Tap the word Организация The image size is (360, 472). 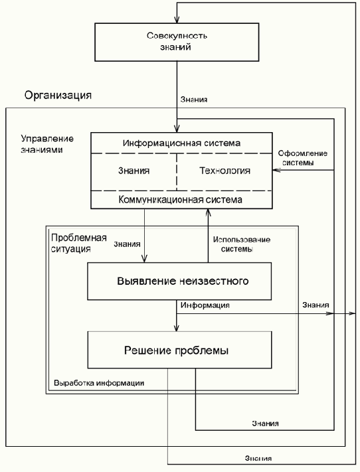click(x=58, y=95)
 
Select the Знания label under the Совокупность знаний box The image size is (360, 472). click(x=194, y=100)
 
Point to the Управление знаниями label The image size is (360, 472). click(x=47, y=145)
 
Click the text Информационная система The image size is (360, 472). click(x=181, y=143)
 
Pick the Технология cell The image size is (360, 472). click(x=225, y=171)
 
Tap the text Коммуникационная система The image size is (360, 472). click(x=181, y=199)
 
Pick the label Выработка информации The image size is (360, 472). click(x=99, y=384)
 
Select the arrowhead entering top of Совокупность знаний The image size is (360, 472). click(x=177, y=22)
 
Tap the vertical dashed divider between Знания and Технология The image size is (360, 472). click(x=177, y=171)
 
